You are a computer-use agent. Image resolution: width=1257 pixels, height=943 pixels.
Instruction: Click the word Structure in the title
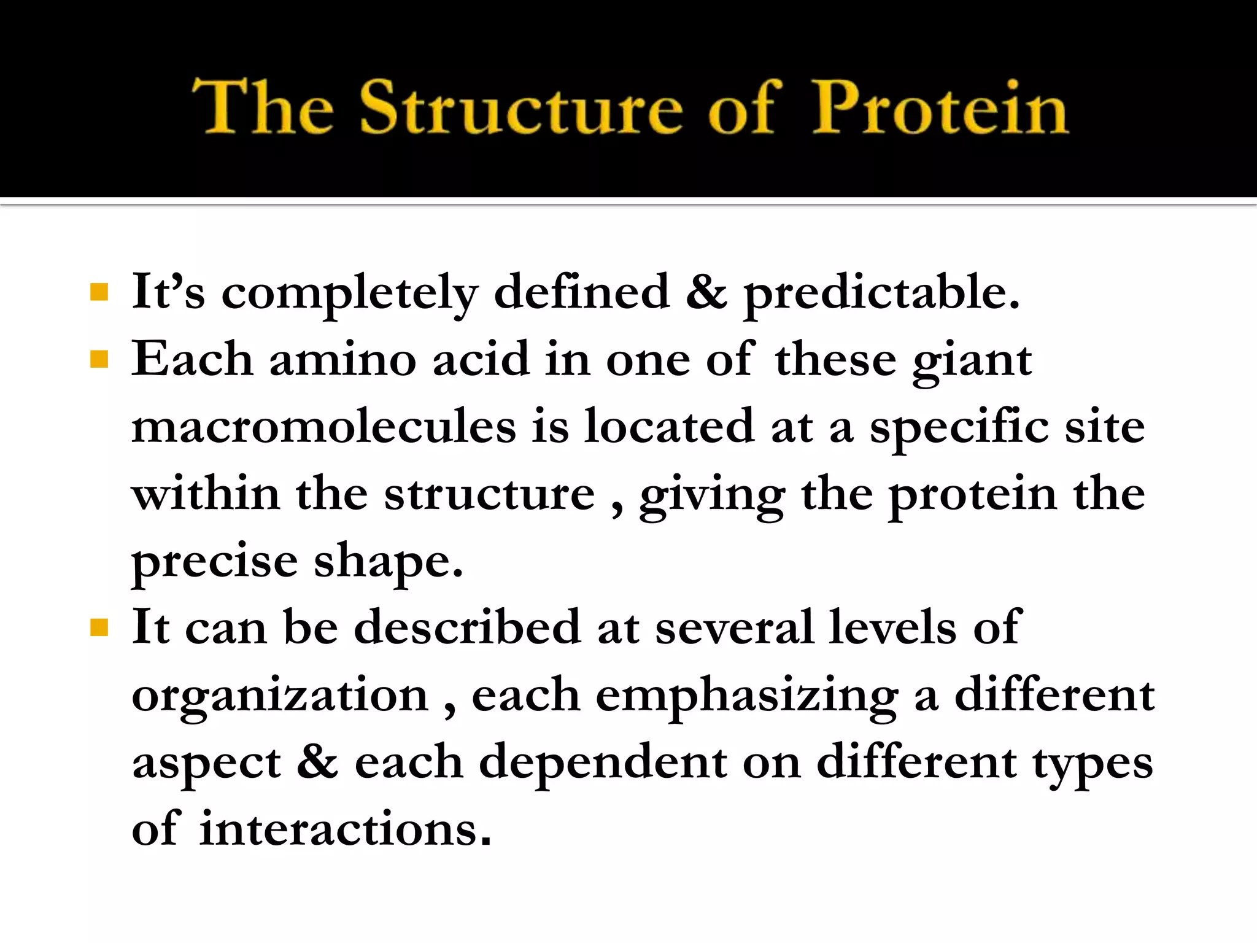(x=520, y=107)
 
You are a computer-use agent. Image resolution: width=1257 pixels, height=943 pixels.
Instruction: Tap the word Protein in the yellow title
(x=940, y=107)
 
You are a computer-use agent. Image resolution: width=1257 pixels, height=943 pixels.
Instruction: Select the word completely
(x=349, y=293)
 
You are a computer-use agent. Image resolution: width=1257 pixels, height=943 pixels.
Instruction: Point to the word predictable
(x=881, y=293)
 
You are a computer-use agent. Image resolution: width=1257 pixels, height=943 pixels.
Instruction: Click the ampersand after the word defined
(x=706, y=292)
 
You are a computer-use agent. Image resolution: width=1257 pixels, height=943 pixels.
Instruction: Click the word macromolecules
(x=323, y=426)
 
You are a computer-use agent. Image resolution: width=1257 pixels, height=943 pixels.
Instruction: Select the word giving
(x=712, y=495)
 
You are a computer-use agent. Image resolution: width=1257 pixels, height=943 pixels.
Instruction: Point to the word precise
(x=214, y=562)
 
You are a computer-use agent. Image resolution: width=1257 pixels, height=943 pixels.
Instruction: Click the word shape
(x=388, y=562)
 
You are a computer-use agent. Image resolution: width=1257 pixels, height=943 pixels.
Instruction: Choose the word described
(x=467, y=627)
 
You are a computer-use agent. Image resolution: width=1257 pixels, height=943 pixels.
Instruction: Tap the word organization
(x=280, y=696)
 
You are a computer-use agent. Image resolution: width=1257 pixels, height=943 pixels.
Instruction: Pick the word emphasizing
(x=747, y=696)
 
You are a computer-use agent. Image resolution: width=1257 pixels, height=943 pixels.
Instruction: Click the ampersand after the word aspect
(x=317, y=761)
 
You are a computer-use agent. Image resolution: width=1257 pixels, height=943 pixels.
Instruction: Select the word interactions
(x=345, y=829)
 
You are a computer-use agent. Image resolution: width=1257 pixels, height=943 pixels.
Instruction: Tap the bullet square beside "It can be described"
(x=99, y=627)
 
